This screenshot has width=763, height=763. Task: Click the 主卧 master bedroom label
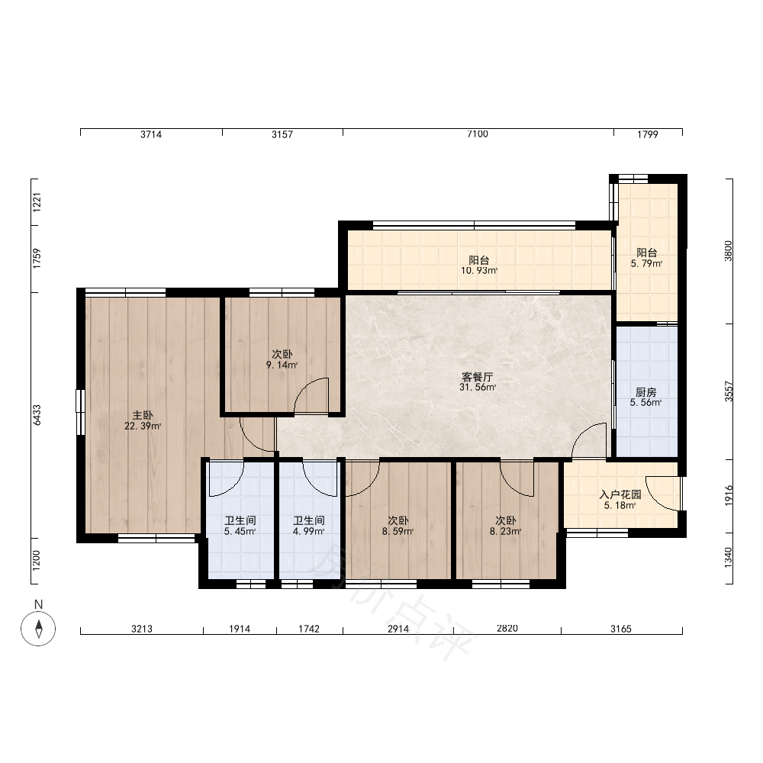pos(143,415)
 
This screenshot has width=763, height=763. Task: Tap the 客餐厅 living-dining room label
pos(478,377)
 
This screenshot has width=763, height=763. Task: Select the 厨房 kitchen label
pos(646,392)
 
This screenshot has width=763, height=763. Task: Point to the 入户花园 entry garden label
pos(620,495)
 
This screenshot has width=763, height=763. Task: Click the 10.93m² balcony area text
pos(479,271)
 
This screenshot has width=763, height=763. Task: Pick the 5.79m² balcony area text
pos(647,264)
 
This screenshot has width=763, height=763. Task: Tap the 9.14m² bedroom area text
pos(282,365)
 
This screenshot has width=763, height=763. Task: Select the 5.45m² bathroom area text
pos(240,531)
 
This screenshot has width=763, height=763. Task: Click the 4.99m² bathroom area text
pos(308,531)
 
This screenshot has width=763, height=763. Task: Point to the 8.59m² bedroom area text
pos(398,531)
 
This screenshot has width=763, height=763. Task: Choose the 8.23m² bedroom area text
pos(506,531)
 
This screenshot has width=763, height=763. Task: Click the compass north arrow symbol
pos(38,628)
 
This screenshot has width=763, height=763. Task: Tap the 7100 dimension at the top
pos(478,134)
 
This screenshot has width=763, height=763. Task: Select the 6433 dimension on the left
pos(37,415)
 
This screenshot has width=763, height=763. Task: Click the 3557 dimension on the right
pos(729,391)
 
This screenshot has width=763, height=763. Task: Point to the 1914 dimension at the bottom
pos(240,629)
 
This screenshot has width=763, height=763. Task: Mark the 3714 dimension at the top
pos(151,134)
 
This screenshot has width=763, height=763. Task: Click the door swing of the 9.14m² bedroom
pos(311,395)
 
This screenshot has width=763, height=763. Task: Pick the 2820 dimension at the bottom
pos(507,628)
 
